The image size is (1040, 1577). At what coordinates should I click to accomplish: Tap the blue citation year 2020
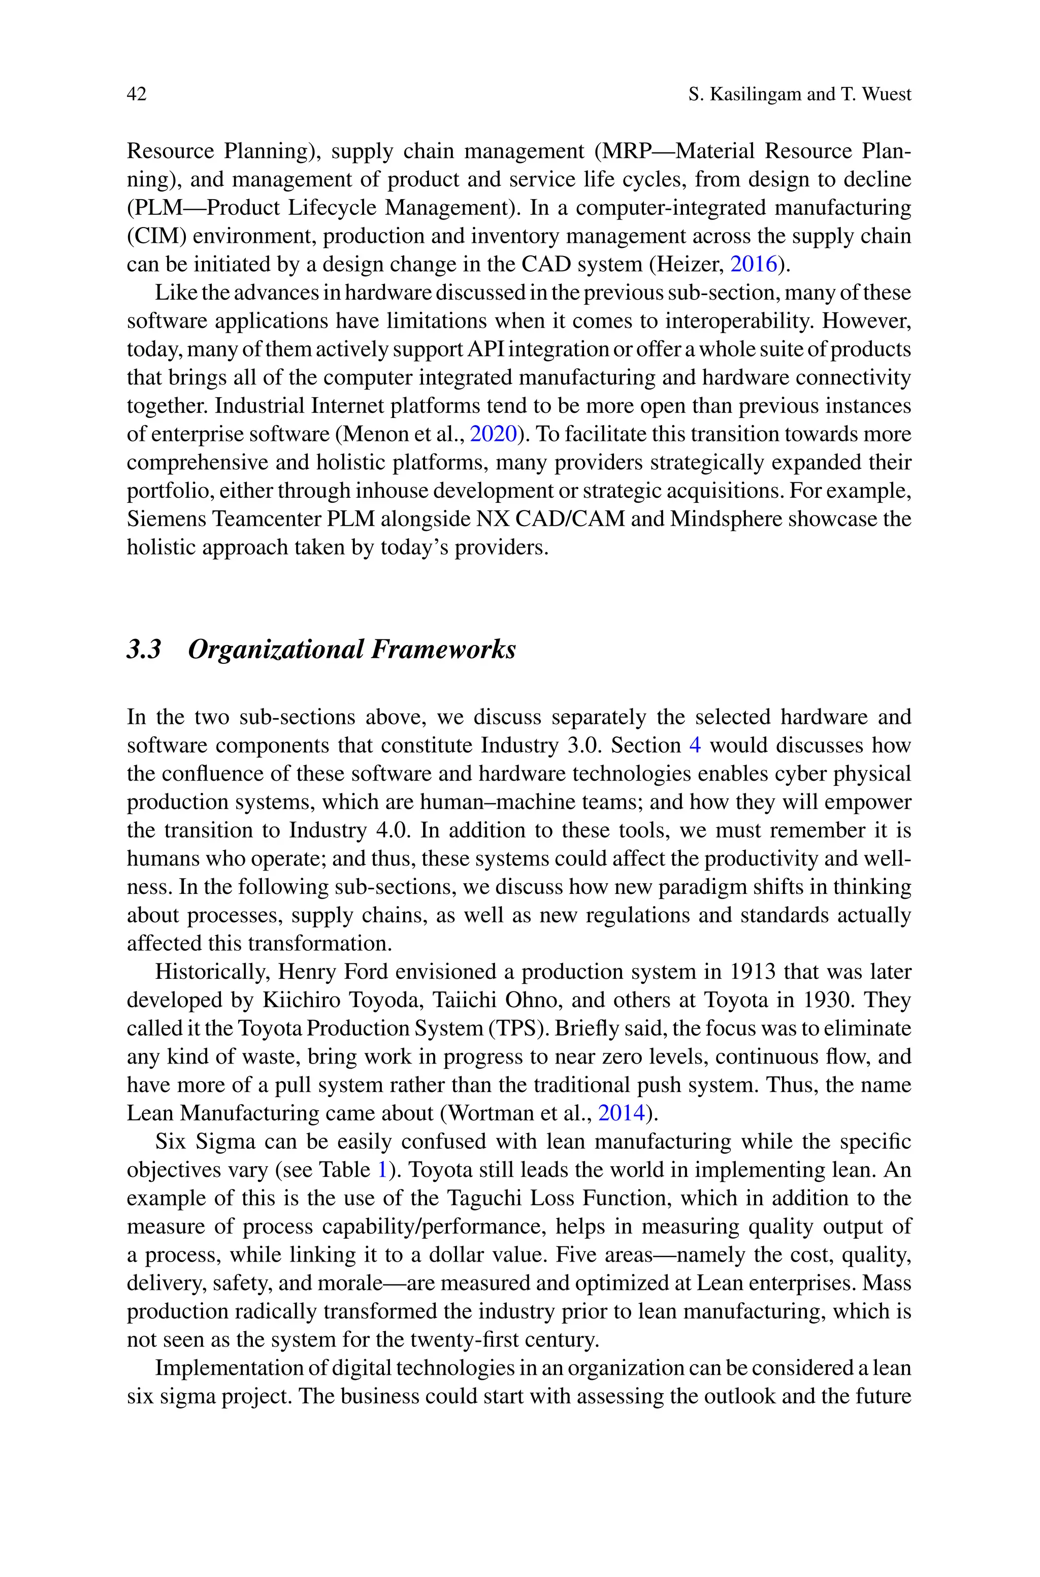493,434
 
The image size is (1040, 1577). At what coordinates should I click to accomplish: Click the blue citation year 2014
621,1113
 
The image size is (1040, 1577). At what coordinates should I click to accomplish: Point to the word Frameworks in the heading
442,649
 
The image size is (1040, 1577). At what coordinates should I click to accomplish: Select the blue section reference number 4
695,746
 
